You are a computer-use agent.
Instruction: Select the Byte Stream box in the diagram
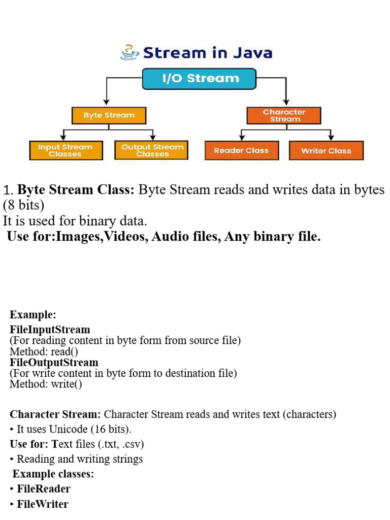click(109, 115)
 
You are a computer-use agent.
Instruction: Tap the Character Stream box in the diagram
click(284, 115)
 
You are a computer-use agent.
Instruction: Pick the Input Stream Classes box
click(65, 150)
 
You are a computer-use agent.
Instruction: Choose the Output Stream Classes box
click(152, 150)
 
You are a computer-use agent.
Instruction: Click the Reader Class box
click(241, 150)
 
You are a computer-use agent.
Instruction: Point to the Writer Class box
click(326, 150)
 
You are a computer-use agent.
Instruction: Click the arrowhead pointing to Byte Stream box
click(106, 102)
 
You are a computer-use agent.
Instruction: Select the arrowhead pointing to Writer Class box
click(331, 137)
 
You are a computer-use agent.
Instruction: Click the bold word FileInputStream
click(50, 330)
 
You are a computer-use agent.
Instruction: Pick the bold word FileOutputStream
click(54, 363)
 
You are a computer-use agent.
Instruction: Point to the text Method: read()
click(44, 351)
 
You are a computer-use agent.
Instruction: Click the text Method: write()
click(46, 384)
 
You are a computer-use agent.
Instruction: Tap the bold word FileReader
click(44, 489)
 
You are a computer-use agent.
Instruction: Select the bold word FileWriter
click(43, 504)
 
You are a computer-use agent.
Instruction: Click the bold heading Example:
click(32, 315)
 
